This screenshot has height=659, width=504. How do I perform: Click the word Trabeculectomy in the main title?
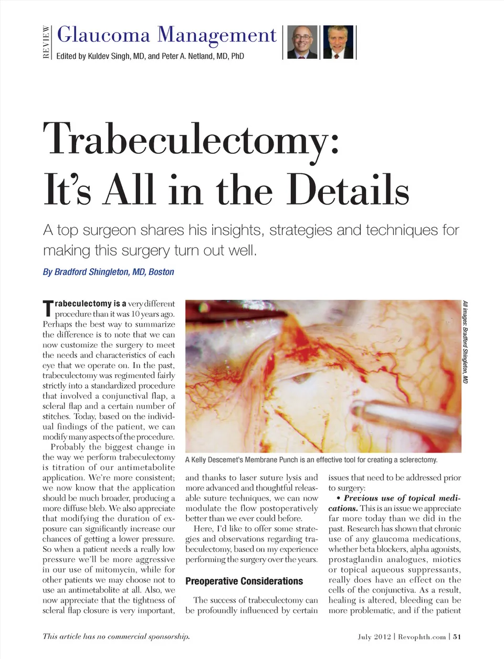pyautogui.click(x=192, y=139)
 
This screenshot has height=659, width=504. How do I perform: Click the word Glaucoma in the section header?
pyautogui.click(x=103, y=35)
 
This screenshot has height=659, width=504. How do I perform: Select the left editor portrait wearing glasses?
pyautogui.click(x=302, y=41)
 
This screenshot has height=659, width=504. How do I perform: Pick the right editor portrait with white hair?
pyautogui.click(x=338, y=41)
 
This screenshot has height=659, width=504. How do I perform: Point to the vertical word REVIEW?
pyautogui.click(x=46, y=42)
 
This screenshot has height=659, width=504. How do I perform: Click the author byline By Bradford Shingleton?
pyautogui.click(x=108, y=272)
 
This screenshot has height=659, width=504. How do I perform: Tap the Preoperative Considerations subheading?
pyautogui.click(x=244, y=581)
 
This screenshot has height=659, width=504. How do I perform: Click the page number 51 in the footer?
pyautogui.click(x=457, y=636)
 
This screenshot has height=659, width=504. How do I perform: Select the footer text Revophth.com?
pyautogui.click(x=422, y=636)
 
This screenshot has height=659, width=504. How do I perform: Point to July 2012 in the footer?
pyautogui.click(x=374, y=636)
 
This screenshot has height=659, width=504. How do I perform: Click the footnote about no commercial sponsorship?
pyautogui.click(x=116, y=636)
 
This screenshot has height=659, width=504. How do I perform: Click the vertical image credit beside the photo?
pyautogui.click(x=465, y=342)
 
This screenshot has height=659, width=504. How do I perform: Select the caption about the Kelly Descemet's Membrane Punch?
pyautogui.click(x=311, y=460)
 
